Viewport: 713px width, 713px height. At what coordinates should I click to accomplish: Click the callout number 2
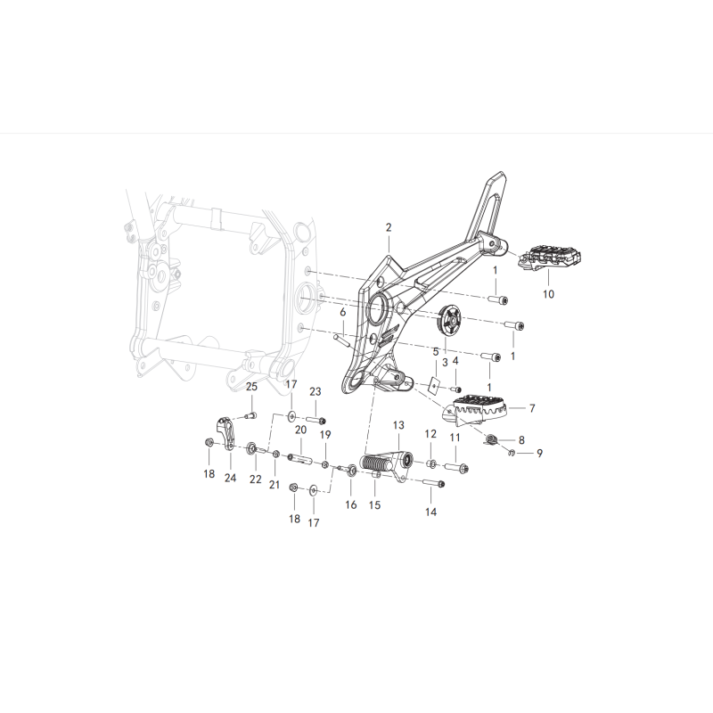coord(389,227)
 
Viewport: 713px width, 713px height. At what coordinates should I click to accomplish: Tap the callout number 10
coord(548,294)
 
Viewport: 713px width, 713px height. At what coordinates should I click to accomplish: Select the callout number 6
coord(343,312)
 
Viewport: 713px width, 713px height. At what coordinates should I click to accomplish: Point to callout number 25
coord(251,387)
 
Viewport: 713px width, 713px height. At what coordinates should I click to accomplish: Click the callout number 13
coord(398,425)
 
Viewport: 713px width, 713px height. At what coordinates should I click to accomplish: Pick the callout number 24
coord(231,478)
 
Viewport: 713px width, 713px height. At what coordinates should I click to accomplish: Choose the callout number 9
coord(539,454)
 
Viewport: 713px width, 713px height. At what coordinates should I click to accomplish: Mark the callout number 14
coord(430,512)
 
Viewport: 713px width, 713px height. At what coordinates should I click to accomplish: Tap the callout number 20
coord(301,430)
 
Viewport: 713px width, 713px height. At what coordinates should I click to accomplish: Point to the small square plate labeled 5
coord(436,385)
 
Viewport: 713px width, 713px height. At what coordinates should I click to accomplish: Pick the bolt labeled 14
coord(433,483)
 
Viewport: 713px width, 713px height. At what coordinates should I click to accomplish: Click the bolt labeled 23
coord(316,420)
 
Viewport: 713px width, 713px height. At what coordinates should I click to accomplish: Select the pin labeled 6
coord(341,340)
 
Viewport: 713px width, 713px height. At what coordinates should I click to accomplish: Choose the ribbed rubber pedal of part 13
coord(374,463)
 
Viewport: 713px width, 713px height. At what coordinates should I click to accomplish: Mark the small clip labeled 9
coord(512,452)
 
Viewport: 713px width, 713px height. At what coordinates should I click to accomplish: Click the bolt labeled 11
coord(457,467)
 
